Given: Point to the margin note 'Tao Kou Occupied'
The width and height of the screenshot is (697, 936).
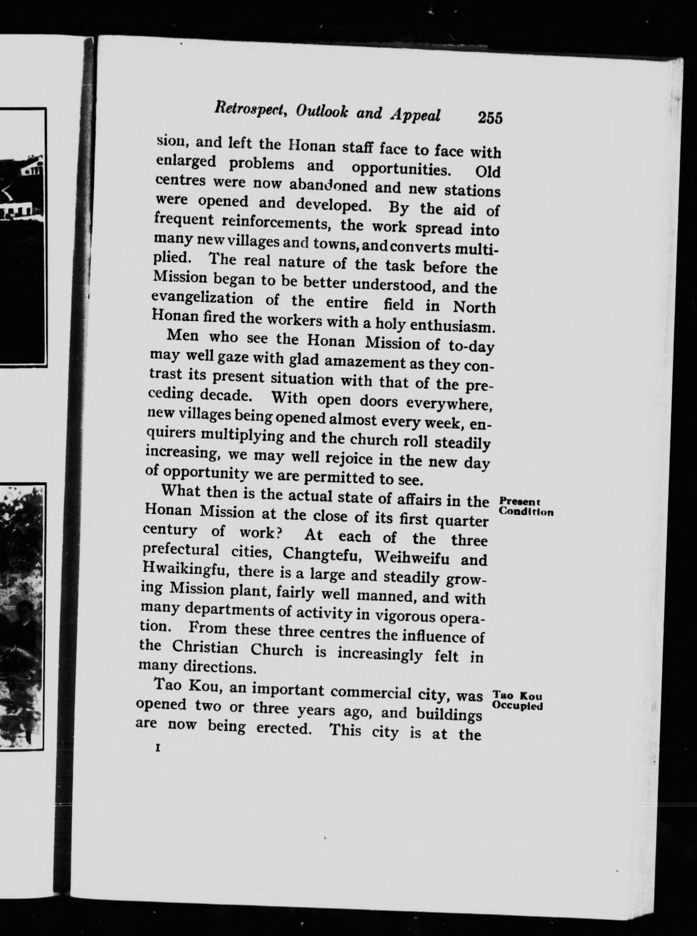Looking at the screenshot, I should [518, 700].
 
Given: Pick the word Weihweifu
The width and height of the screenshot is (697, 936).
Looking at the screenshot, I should [411, 557].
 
